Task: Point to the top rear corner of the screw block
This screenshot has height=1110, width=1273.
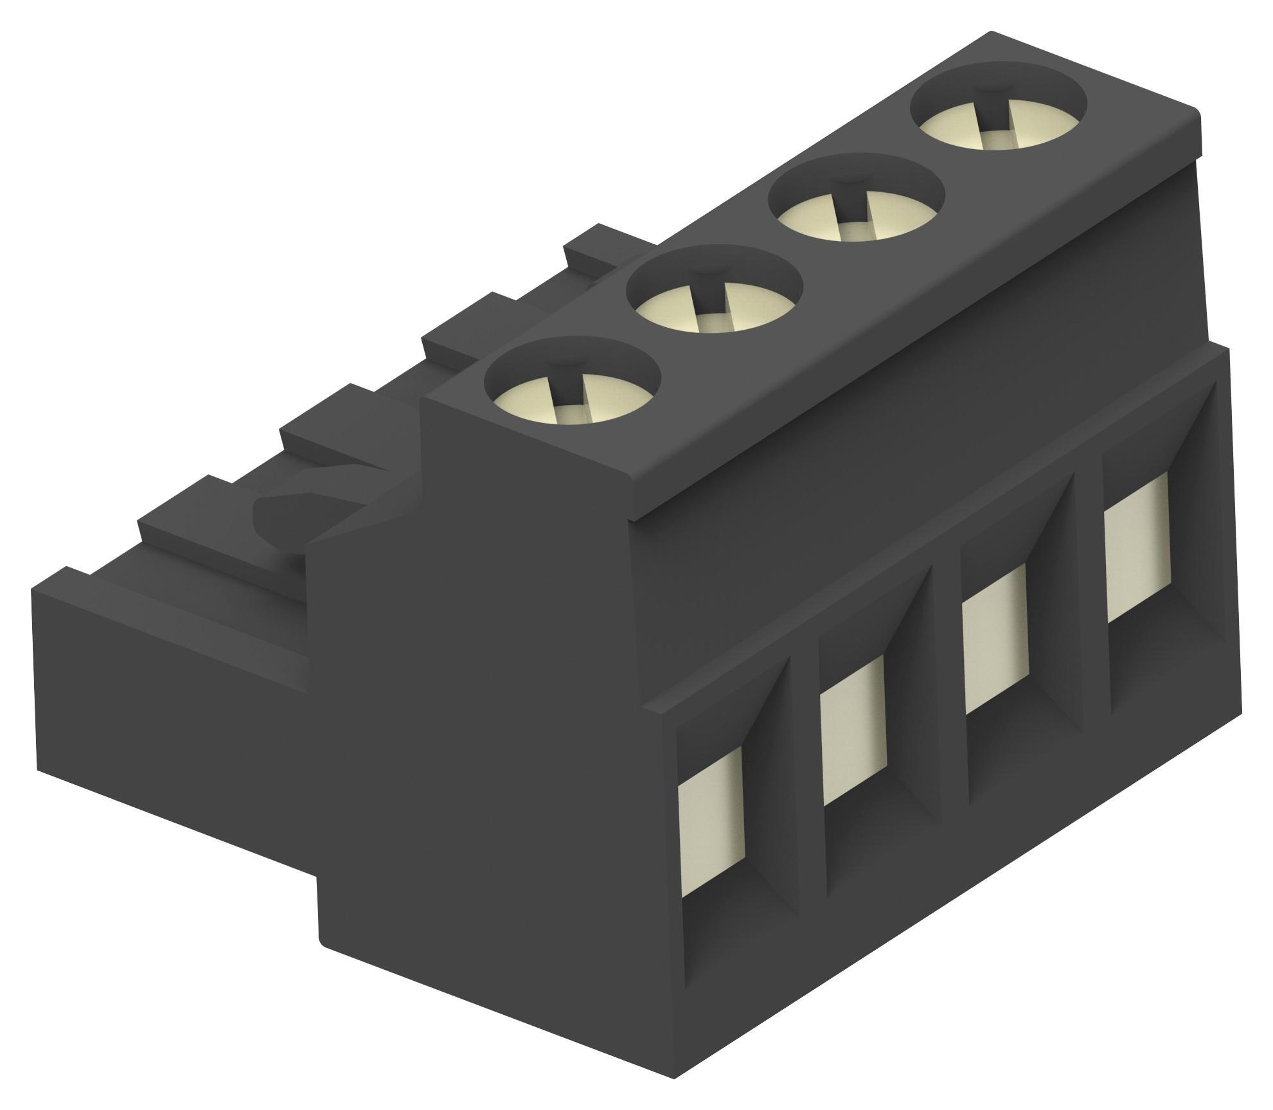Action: coord(1195,116)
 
